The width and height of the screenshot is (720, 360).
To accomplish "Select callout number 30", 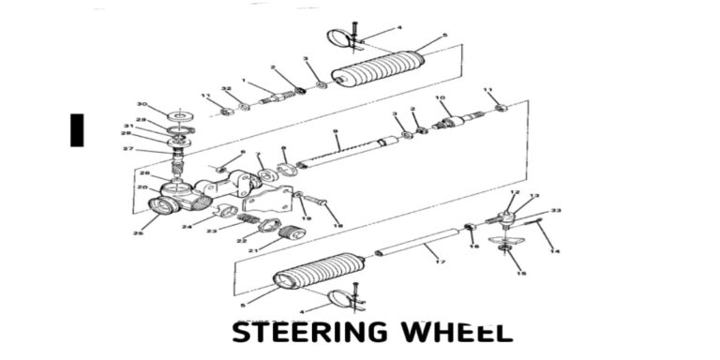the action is [x=142, y=103].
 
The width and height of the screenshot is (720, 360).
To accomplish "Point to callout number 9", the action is [x=336, y=131].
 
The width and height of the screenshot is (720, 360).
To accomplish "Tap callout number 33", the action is [x=555, y=211].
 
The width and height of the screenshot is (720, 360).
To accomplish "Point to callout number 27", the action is [x=129, y=148].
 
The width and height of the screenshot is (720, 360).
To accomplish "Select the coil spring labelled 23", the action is [x=247, y=218].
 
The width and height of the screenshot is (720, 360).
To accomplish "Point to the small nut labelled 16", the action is [x=472, y=228].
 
